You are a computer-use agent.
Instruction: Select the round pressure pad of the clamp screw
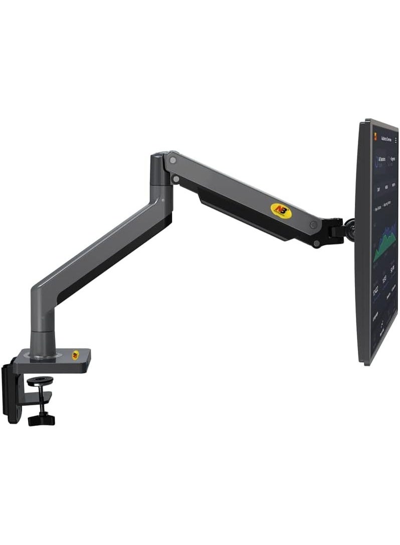coord(36,382)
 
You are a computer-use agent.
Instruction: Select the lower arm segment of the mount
coord(100,250)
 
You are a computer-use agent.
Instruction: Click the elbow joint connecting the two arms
coord(161,175)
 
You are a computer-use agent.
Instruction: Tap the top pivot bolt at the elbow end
coord(172,160)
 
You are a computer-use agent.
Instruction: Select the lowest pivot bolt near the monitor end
coord(316,244)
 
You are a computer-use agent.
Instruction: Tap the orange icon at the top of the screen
coord(373,137)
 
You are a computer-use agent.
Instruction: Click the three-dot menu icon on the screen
coord(395,141)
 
